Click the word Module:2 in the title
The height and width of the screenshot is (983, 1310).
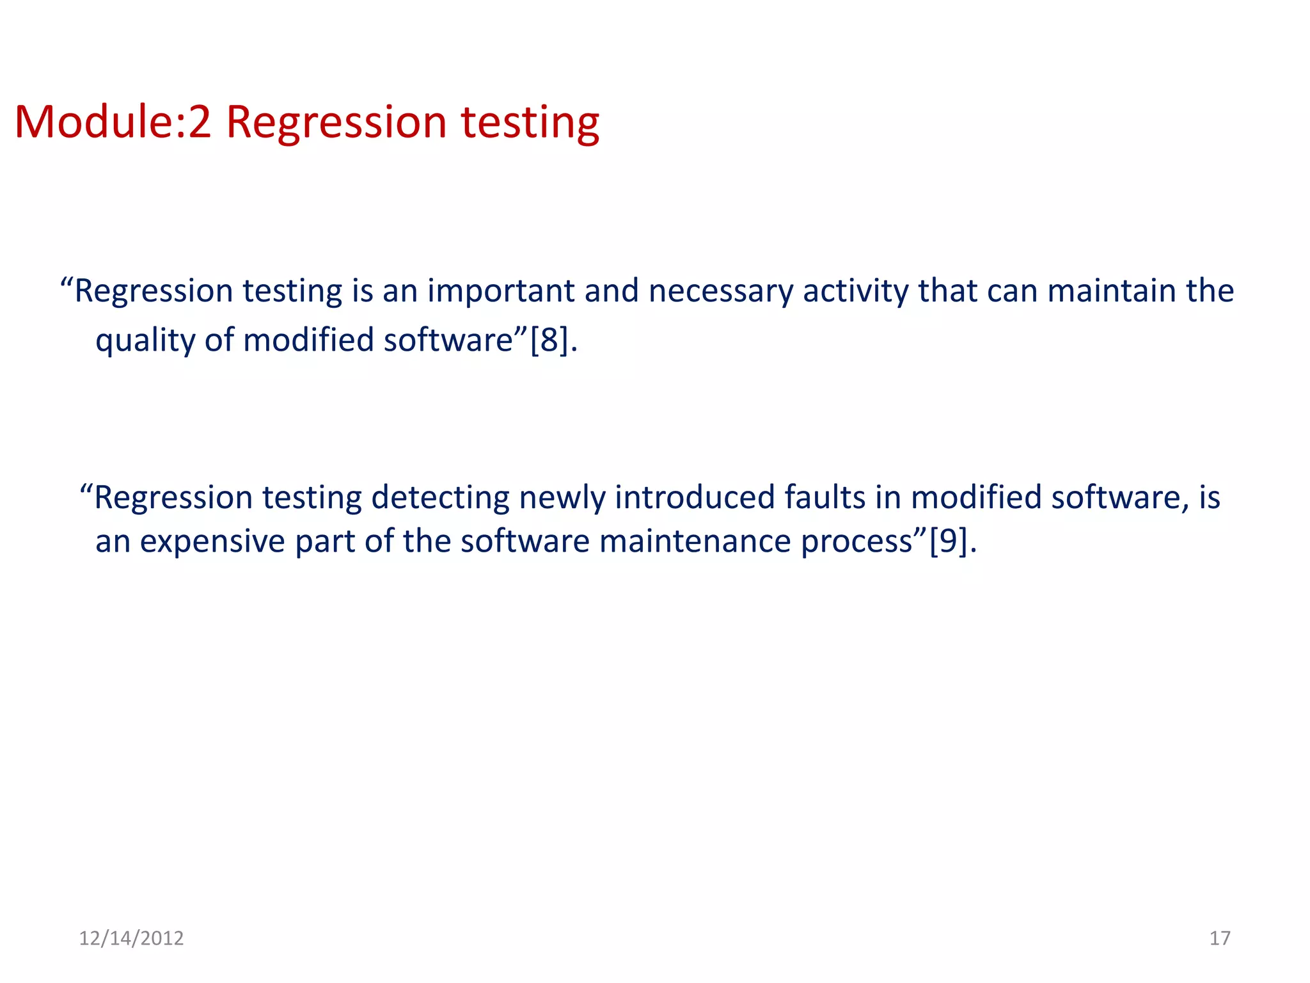113,122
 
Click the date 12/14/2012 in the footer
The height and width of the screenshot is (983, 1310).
131,938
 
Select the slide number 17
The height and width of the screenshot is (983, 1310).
1220,938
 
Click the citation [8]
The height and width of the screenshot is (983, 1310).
549,340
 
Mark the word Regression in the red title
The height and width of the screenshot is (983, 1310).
336,123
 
